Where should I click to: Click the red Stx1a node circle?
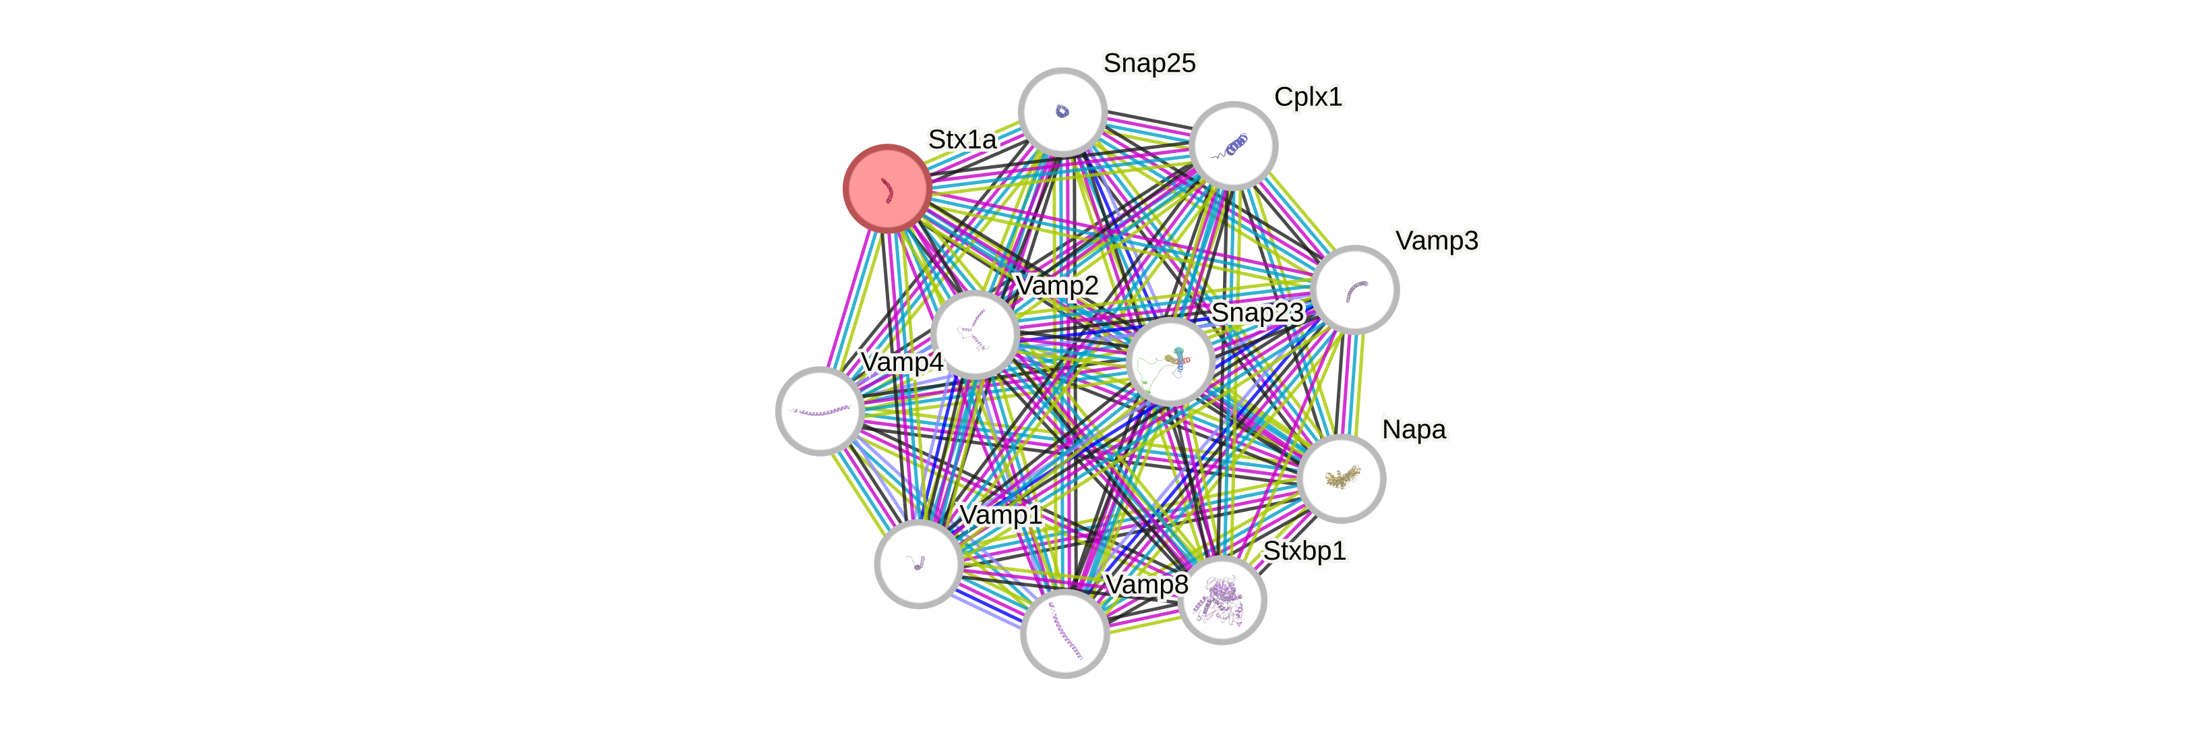point(887,188)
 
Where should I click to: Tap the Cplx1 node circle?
point(1233,146)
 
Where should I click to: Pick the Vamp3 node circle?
point(1355,289)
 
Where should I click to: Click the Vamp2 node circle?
point(975,334)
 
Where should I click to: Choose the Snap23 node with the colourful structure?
point(1170,361)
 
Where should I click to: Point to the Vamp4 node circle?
point(820,411)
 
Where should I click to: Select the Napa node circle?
point(1342,478)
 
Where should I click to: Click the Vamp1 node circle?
point(919,563)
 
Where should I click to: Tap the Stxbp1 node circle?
point(1222,599)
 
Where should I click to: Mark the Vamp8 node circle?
point(1064,634)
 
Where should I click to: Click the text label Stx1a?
point(962,140)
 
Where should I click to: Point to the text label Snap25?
point(1149,63)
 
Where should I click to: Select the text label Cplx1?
point(1308,97)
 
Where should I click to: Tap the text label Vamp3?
point(1437,241)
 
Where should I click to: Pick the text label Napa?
point(1414,430)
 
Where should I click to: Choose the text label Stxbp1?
point(1304,552)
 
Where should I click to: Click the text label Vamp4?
point(901,362)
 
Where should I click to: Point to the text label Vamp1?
point(1000,514)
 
